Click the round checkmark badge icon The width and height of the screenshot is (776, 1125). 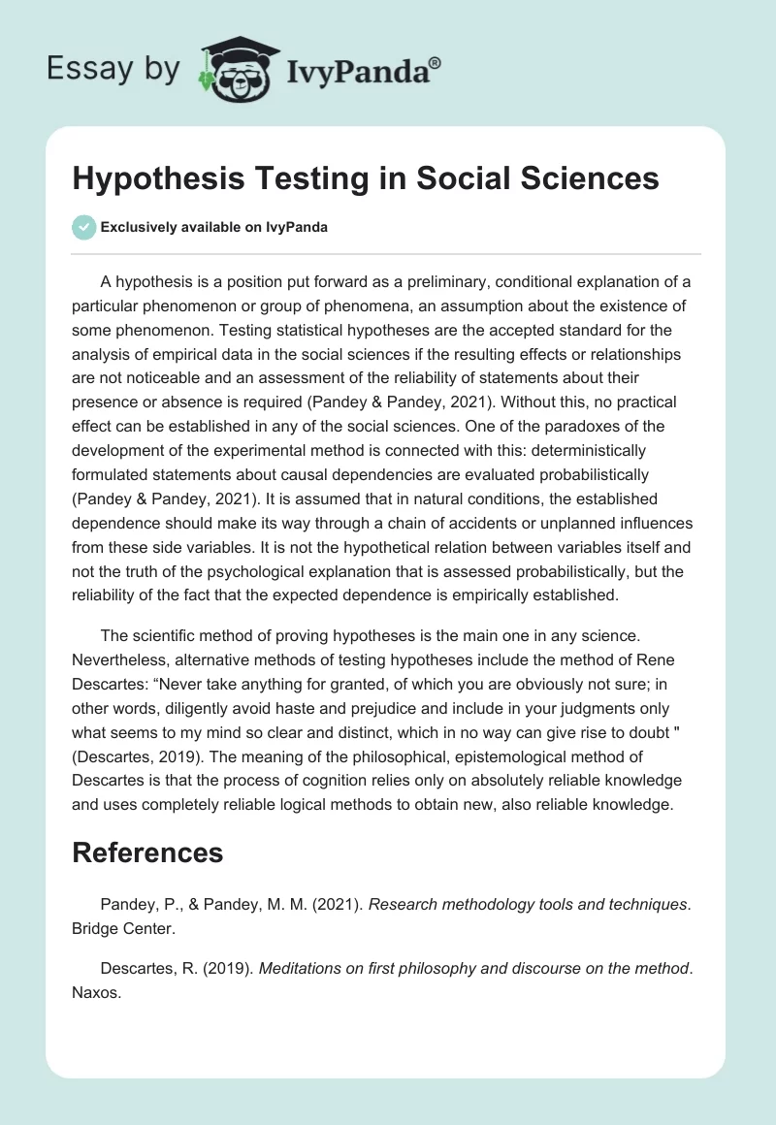coord(84,227)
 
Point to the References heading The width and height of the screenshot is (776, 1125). coord(147,852)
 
